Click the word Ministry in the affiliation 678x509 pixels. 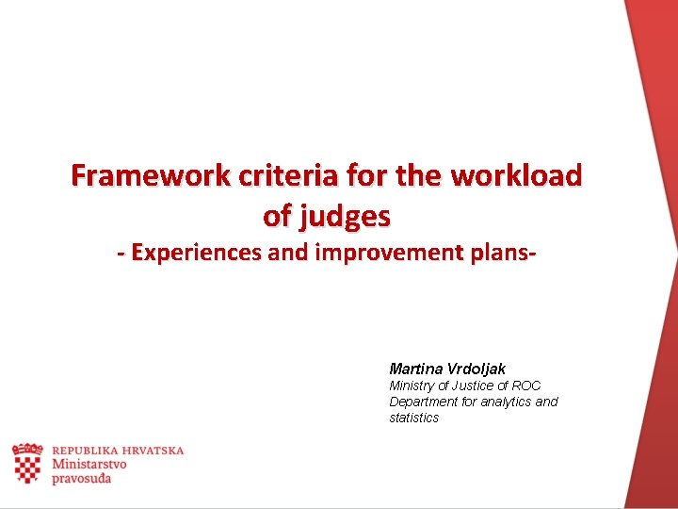pyautogui.click(x=412, y=386)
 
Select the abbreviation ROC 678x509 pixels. pyautogui.click(x=525, y=386)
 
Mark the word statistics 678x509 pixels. pyautogui.click(x=413, y=418)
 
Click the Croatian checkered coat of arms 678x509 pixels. pyautogui.click(x=27, y=463)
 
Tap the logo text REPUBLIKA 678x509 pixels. pyautogui.click(x=86, y=451)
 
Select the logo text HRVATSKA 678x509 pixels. pyautogui.click(x=153, y=451)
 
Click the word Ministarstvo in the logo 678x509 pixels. pyautogui.click(x=89, y=464)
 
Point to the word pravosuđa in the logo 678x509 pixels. pyautogui.click(x=82, y=479)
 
